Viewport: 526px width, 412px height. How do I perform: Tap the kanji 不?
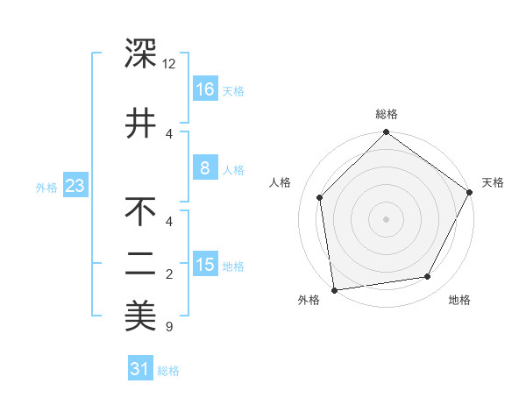click(140, 211)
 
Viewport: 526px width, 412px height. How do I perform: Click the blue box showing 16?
click(204, 89)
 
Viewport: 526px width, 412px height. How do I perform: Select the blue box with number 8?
click(204, 168)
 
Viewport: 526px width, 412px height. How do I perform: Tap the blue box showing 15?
click(204, 265)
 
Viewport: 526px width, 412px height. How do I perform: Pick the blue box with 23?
click(75, 186)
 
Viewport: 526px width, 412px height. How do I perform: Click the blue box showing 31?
click(140, 369)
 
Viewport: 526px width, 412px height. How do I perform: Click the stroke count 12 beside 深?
click(169, 64)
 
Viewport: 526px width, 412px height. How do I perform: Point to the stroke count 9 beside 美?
click(168, 327)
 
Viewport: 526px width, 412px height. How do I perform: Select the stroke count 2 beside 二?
click(169, 274)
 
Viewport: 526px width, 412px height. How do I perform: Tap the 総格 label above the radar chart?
click(387, 114)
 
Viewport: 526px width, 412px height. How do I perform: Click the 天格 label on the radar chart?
click(493, 182)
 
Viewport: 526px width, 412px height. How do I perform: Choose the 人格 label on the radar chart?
click(281, 182)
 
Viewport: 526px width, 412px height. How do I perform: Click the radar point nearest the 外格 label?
click(333, 289)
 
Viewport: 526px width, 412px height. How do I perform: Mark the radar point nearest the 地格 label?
click(428, 277)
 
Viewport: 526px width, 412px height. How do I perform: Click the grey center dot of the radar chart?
click(386, 218)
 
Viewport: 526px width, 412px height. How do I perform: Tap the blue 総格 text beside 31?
click(168, 371)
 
